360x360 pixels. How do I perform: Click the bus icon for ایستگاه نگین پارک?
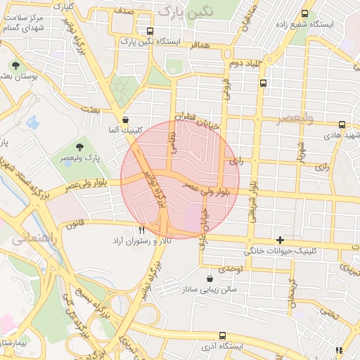coord(150,32)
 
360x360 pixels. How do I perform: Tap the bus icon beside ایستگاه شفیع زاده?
coord(304,13)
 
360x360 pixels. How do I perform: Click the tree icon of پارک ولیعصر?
coord(79,146)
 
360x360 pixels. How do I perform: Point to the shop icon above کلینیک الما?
coord(125,120)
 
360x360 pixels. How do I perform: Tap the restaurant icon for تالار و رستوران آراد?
coord(142,229)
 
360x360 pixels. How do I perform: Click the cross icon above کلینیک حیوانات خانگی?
coord(281,240)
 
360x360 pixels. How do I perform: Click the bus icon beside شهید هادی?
coord(341,124)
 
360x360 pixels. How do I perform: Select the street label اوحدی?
coord(230,269)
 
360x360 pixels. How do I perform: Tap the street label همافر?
coord(199,44)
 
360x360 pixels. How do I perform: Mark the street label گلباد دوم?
coord(245,63)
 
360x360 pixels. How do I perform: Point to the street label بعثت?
coord(91,108)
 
